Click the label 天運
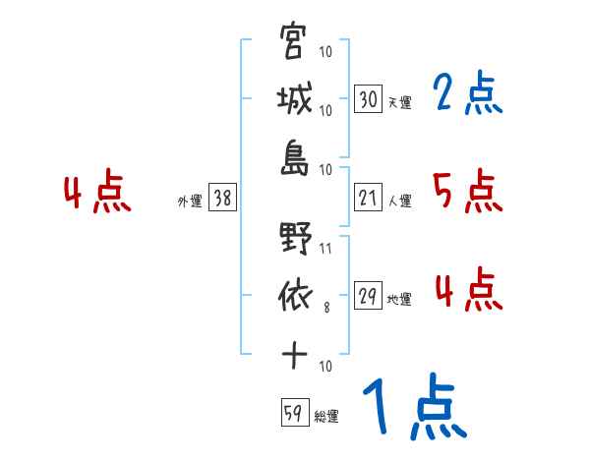tap(399, 102)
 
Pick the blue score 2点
tap(467, 94)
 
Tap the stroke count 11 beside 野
tap(326, 249)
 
